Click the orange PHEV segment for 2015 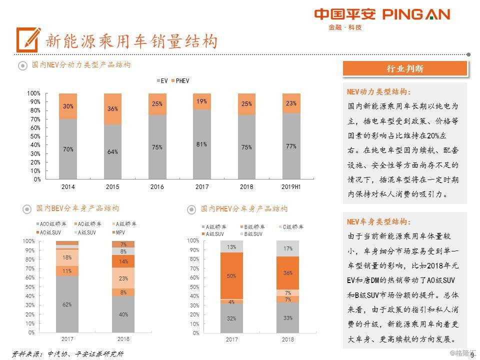112,108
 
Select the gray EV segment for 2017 201,144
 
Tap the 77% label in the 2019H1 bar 291,146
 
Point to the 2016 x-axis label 157,186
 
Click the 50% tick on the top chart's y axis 34,136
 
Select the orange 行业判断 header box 405,69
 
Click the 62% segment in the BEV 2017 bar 67,304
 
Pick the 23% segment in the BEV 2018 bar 123,278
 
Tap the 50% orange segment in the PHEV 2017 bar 231,276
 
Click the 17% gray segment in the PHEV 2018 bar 287,248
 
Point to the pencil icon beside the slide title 27,38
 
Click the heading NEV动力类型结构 379,92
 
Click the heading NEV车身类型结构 379,222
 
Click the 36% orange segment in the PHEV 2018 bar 287,273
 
